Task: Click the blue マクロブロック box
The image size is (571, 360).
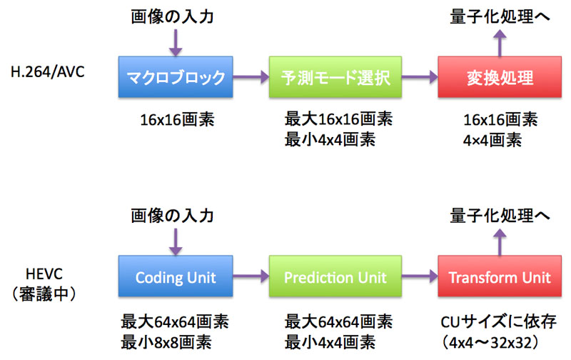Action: (176, 77)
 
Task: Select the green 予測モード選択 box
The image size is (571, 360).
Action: (335, 77)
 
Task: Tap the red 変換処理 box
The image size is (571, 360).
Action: (500, 77)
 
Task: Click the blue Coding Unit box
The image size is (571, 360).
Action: (176, 276)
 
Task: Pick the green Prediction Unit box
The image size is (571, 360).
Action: (335, 276)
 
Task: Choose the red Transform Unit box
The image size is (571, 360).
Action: (500, 276)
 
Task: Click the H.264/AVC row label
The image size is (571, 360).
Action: (47, 72)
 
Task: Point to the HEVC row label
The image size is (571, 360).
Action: (44, 274)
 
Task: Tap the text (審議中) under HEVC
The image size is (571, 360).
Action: (44, 294)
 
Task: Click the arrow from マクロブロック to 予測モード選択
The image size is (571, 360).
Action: (251, 77)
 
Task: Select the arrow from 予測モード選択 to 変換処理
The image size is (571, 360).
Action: (420, 77)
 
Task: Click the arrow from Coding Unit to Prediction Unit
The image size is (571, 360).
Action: (251, 276)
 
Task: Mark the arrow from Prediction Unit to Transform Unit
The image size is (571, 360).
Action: (420, 276)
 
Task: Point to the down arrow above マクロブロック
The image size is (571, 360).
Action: (176, 43)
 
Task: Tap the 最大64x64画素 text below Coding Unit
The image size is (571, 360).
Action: (175, 321)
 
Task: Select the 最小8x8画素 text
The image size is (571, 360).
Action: (166, 343)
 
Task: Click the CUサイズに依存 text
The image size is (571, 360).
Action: (498, 321)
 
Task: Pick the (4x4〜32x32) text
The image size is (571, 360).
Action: (490, 343)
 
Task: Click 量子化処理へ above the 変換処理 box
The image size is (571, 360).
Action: (500, 16)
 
